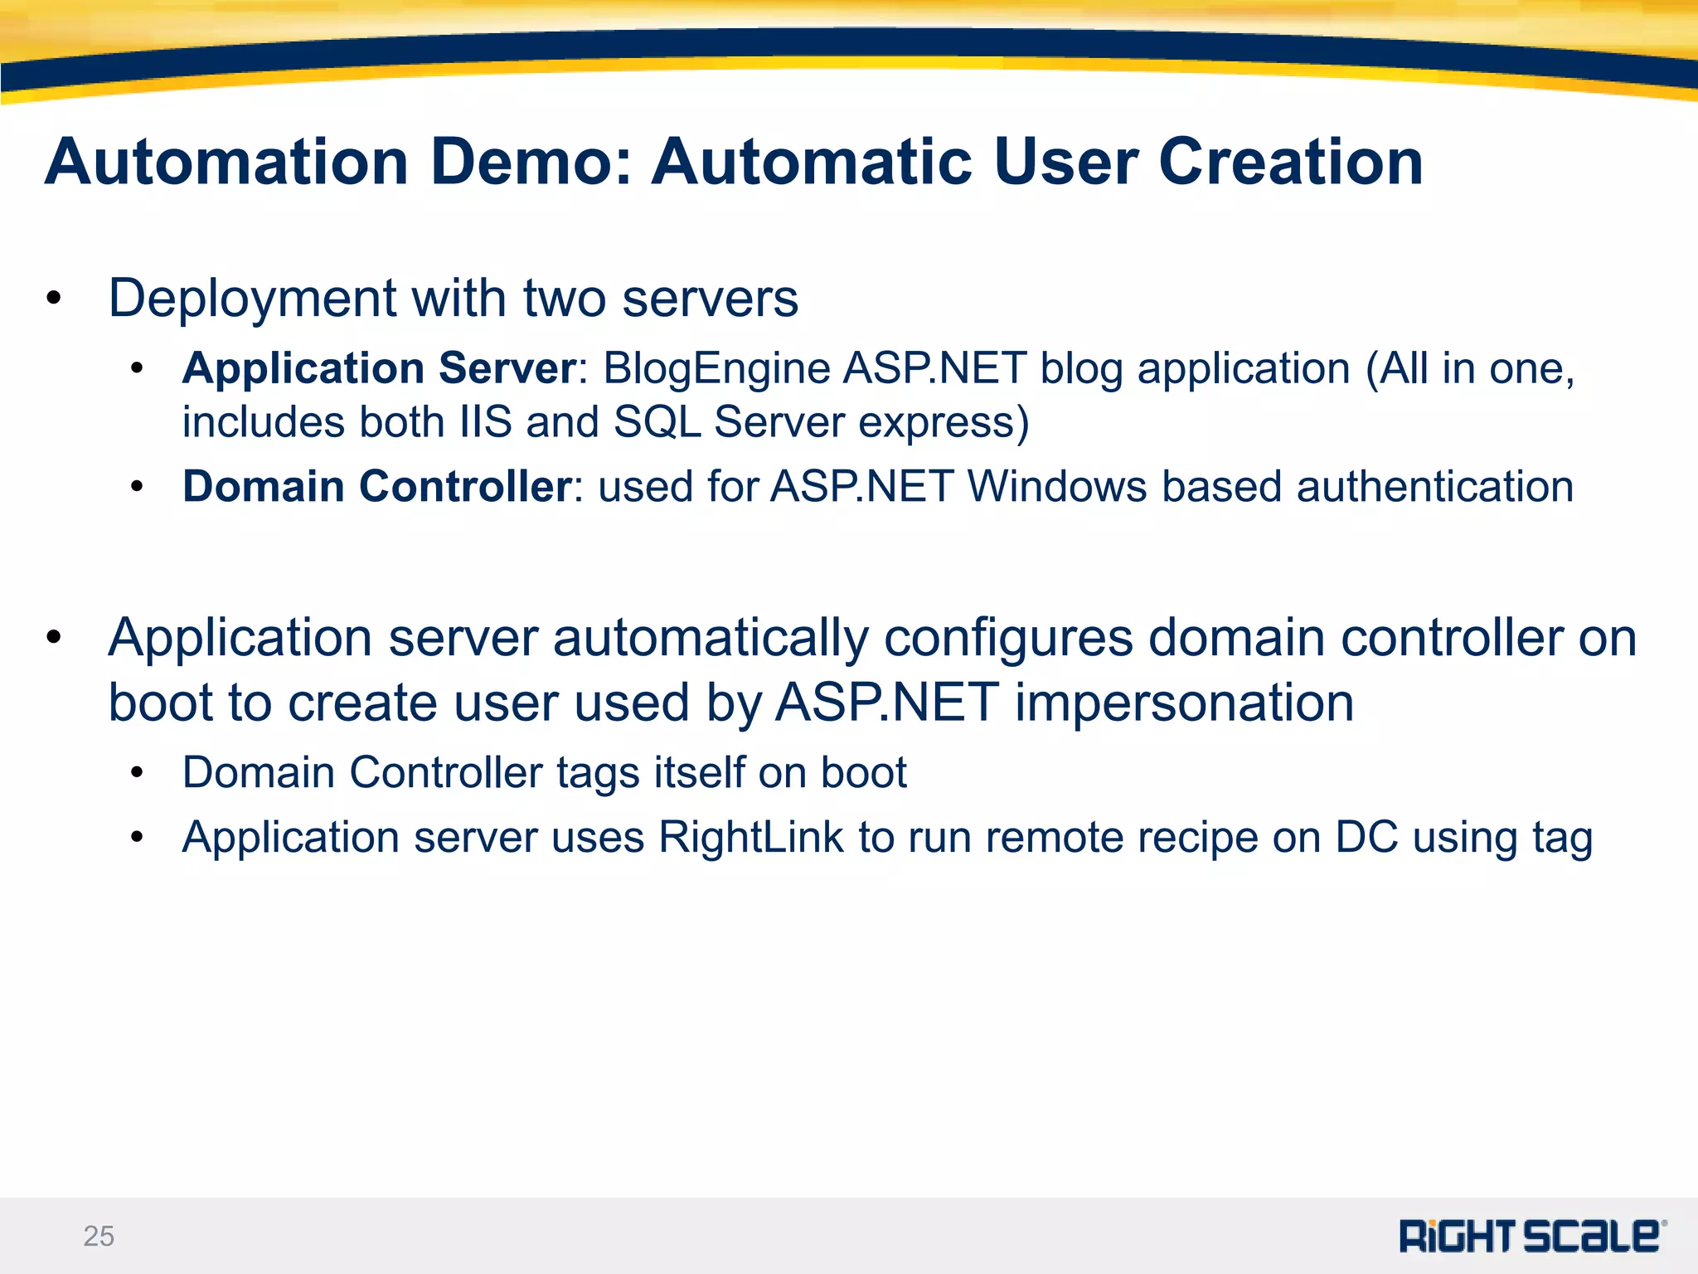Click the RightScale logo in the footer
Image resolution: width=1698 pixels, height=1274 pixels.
click(1532, 1236)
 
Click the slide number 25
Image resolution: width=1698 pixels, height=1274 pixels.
click(99, 1236)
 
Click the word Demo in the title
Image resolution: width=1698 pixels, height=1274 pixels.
click(531, 162)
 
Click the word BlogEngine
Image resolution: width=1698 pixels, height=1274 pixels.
click(716, 370)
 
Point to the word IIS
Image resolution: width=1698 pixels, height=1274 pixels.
click(485, 422)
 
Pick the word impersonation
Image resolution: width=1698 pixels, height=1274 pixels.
click(1184, 703)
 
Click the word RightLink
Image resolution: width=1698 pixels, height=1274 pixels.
click(750, 837)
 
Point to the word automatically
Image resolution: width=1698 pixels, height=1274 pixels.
click(711, 639)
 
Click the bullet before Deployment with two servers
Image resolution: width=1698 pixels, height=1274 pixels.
click(55, 299)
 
